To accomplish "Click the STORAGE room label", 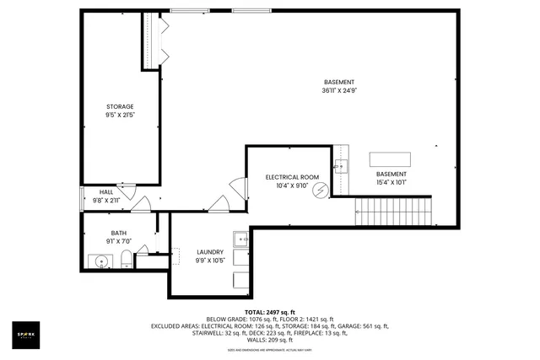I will tap(120, 106).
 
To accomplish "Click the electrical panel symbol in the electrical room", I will tap(320, 191).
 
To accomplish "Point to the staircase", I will tap(392, 211).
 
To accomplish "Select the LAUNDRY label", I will tap(209, 251).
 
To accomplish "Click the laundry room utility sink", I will tap(240, 237).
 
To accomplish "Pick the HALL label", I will tap(106, 192).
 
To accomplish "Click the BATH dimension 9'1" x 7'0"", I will tap(119, 241).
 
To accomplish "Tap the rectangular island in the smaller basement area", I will tap(390, 159).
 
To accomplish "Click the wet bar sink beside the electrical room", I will tap(340, 165).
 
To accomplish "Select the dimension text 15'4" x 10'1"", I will tap(391, 181).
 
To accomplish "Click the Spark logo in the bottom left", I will tap(27, 335).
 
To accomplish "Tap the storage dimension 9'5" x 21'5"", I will tap(120, 115).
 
